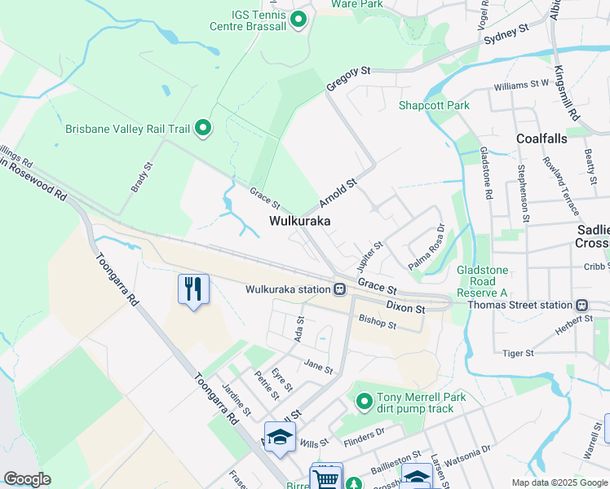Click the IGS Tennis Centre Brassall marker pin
coord(298,19)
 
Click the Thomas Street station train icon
coord(582,306)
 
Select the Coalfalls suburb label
coord(541,139)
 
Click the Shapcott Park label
coord(434,106)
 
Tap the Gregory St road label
coord(348,78)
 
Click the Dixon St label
coord(405,309)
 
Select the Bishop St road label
coord(378,324)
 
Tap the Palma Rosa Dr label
coord(427,248)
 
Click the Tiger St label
coord(518,353)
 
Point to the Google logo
coord(27,479)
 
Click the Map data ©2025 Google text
coord(558,482)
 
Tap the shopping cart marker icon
coord(326,478)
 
